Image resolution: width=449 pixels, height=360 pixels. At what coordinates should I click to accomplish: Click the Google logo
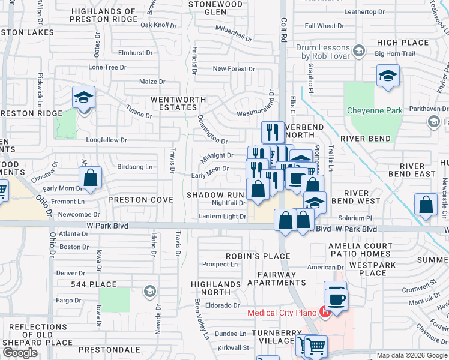tap(20, 353)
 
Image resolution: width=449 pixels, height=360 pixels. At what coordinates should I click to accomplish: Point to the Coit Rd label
tap(285, 29)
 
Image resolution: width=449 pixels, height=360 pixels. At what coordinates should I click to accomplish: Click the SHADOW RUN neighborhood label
tap(214, 195)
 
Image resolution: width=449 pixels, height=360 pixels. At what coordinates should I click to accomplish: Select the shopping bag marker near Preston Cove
tap(90, 178)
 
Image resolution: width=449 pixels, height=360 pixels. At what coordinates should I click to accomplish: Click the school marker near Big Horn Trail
tap(388, 76)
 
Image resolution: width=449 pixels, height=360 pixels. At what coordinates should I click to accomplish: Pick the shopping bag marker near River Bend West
tap(426, 205)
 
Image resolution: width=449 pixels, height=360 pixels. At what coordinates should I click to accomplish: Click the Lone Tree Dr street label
tap(107, 67)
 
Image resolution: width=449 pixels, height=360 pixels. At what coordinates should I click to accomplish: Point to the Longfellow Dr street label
tap(107, 140)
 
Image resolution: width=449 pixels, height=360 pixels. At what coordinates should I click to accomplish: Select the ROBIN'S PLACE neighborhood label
tap(250, 256)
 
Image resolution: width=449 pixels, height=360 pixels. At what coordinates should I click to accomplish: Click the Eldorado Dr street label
tap(223, 305)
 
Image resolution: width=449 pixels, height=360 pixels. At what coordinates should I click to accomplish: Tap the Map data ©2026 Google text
tap(411, 355)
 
